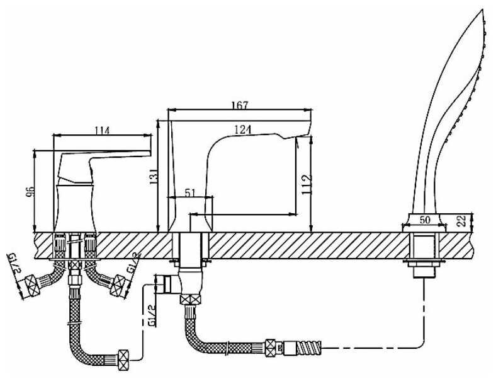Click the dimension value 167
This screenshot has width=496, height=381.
240,105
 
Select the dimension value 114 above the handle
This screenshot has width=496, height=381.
102,131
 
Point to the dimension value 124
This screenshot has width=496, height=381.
243,129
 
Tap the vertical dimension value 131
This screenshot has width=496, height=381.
154,177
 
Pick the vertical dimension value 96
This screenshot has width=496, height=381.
30,192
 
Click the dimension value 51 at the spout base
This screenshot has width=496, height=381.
190,193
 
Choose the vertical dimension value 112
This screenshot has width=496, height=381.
307,184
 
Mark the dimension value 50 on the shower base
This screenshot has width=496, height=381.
425,220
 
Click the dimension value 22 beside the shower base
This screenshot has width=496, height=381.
462,220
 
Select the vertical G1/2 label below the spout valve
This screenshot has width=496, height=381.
152,315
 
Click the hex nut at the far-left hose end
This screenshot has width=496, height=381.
32,286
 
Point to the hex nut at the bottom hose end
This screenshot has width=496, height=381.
123,360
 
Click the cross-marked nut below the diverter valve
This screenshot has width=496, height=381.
191,299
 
